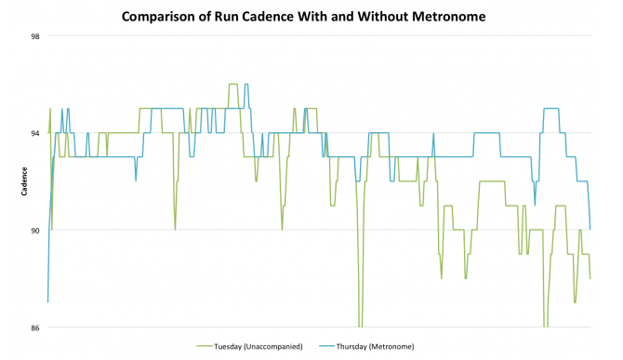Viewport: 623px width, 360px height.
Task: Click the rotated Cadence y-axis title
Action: click(23, 181)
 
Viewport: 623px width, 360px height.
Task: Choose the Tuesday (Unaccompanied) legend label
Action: click(258, 346)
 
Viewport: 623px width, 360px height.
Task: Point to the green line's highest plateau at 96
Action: click(232, 85)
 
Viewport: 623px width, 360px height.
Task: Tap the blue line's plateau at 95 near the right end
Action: click(550, 109)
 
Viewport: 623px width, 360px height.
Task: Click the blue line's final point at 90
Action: click(590, 229)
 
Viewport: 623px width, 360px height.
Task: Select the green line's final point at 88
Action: click(590, 278)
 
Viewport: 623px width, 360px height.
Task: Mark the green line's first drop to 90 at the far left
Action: click(52, 229)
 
